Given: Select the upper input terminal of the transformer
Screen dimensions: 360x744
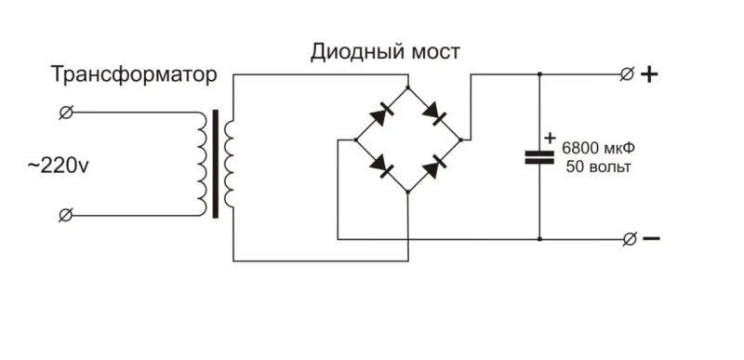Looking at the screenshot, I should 66,113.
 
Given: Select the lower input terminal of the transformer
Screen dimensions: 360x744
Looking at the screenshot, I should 66,215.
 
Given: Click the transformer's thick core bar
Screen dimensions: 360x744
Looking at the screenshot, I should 216,164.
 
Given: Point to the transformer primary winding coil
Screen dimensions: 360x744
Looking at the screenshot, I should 201,164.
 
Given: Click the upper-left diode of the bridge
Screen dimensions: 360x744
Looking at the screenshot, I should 381,114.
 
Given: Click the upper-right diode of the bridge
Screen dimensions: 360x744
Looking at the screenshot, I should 435,114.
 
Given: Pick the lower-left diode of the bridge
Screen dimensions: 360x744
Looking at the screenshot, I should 381,166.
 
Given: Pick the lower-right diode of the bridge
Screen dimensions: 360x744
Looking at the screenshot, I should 435,166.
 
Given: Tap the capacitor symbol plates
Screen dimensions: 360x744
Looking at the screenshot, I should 539,156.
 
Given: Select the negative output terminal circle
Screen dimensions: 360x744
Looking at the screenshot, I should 629,239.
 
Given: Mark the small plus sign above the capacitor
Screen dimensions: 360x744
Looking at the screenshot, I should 549,137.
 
